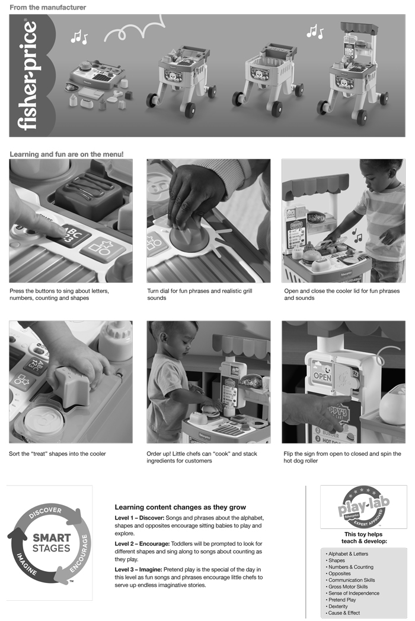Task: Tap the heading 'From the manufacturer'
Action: point(48,7)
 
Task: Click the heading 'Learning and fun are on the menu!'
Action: point(66,154)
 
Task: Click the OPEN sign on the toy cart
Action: point(322,376)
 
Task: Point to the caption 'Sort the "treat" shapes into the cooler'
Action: point(58,454)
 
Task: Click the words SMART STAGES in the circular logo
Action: point(51,543)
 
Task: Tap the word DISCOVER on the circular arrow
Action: point(45,512)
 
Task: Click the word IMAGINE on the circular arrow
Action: point(27,564)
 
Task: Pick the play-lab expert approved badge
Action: point(363,506)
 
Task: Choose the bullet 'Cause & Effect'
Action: point(344,613)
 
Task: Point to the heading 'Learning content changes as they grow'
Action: point(180,507)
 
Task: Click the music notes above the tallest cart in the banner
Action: point(315,31)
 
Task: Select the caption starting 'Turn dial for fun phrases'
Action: point(200,294)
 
